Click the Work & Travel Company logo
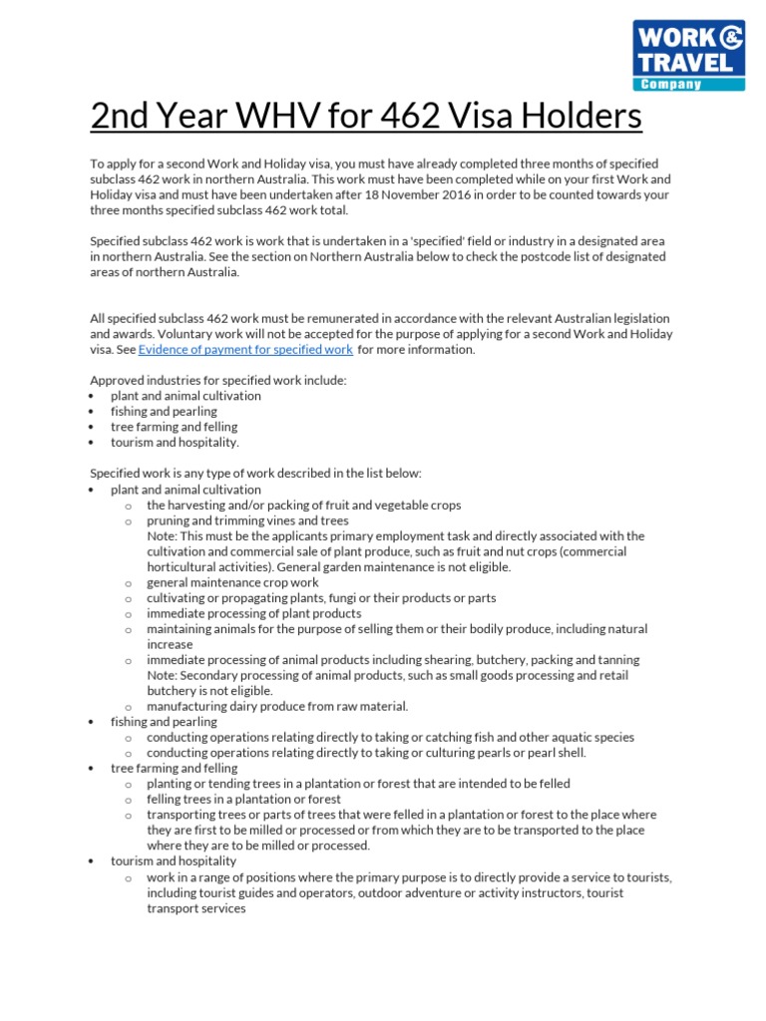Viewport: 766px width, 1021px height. coord(689,55)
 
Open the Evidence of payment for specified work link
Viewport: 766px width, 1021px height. coord(245,350)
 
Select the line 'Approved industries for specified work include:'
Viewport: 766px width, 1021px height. coord(218,381)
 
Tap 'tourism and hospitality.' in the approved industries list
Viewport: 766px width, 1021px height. coord(175,443)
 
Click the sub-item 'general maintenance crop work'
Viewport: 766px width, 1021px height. coord(232,583)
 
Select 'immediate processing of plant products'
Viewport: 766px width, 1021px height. coord(253,614)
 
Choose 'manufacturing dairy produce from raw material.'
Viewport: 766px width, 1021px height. coord(277,707)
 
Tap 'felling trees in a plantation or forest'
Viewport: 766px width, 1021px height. coord(243,800)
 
